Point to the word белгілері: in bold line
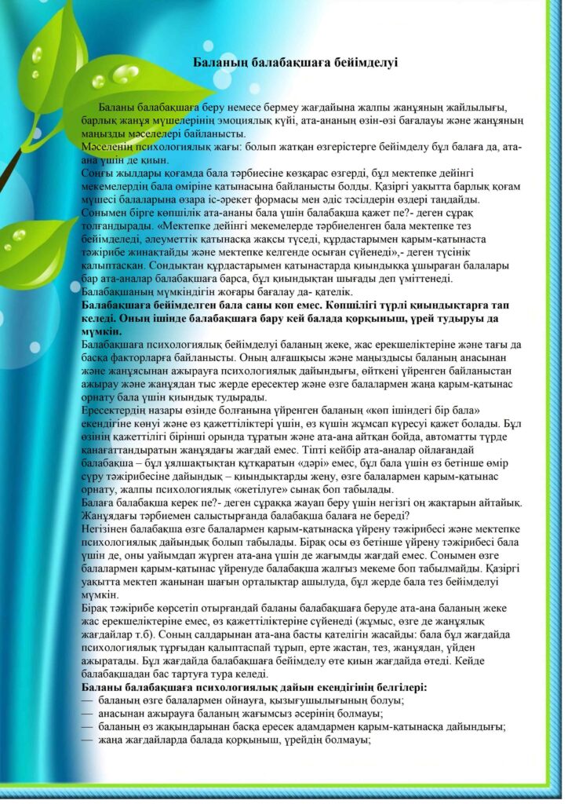[x=392, y=688]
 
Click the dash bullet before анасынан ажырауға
[x=86, y=713]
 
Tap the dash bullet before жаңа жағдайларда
[x=86, y=739]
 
